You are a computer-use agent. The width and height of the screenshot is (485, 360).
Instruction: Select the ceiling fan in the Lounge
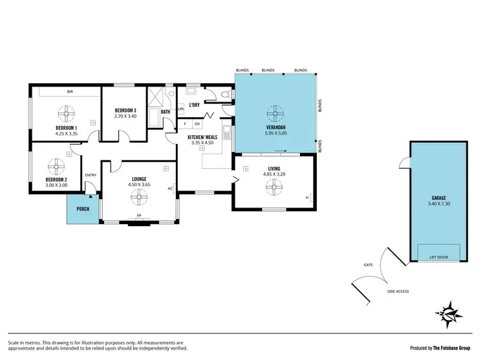click(x=138, y=200)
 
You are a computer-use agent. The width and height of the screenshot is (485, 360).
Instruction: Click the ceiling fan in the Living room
click(x=275, y=187)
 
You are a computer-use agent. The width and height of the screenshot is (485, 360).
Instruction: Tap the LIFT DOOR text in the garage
click(x=438, y=257)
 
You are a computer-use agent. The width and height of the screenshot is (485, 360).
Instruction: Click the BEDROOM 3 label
click(x=125, y=110)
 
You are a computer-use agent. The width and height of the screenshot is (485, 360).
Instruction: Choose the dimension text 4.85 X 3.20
click(x=274, y=174)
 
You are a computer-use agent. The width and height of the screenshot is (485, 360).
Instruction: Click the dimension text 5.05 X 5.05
click(x=275, y=132)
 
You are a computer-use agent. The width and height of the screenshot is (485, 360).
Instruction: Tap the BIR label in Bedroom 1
click(x=69, y=92)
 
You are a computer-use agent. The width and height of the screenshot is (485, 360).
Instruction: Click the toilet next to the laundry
click(x=224, y=96)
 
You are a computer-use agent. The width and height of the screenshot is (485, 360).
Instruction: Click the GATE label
click(x=369, y=264)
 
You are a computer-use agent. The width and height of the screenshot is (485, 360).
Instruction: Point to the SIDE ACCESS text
click(x=398, y=291)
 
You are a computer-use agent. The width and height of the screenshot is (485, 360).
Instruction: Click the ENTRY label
click(x=90, y=175)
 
